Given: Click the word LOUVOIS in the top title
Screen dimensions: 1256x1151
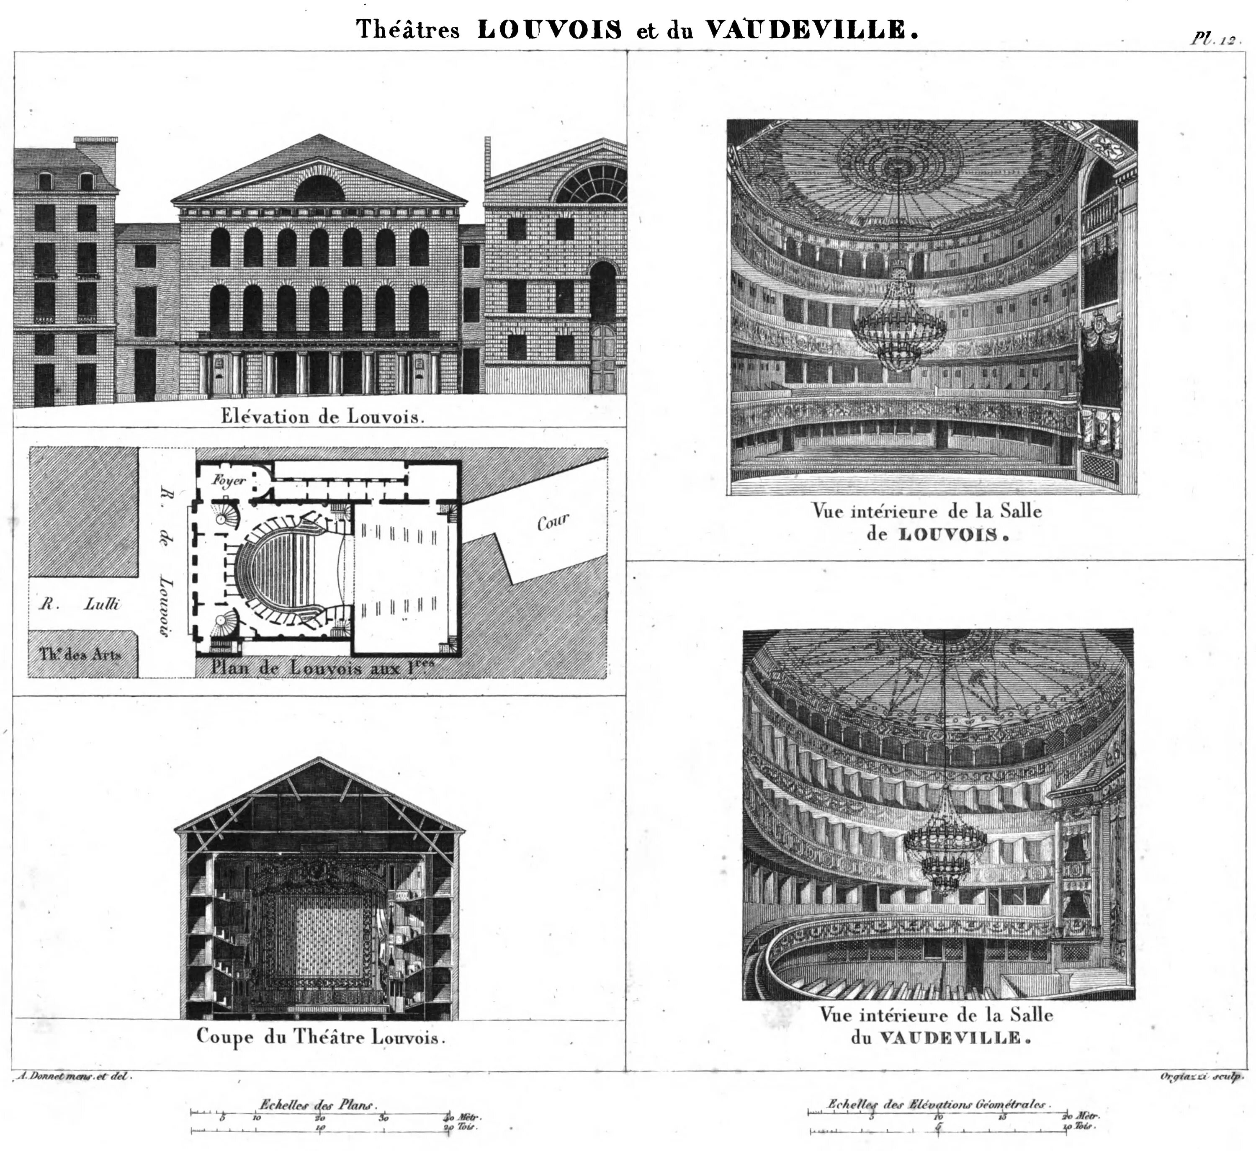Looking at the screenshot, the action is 549,30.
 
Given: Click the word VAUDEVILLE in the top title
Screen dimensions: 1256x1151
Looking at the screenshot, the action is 804,30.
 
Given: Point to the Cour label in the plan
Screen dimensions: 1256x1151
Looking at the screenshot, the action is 553,522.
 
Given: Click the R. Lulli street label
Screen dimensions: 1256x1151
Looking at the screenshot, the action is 80,604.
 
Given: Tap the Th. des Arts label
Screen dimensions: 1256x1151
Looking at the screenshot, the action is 80,654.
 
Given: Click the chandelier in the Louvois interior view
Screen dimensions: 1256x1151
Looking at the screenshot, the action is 899,324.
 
